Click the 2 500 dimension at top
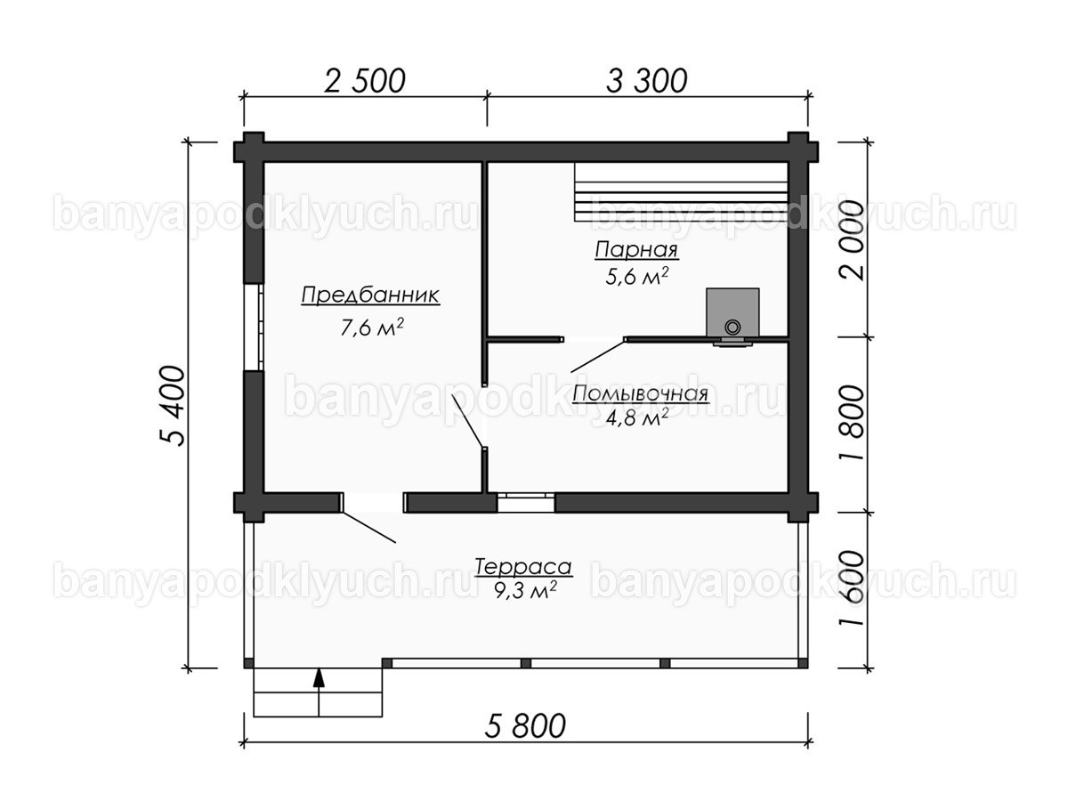pos(364,81)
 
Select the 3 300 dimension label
pos(647,81)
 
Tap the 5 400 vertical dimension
pos(173,406)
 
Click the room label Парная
pos(636,250)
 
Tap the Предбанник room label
pos(371,295)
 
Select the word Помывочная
pos(640,394)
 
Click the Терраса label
pos(523,567)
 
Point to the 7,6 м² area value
pos(372,328)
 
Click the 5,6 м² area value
pos(637,276)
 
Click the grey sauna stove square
pos(732,311)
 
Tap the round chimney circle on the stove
pos(732,327)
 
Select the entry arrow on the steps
pos(319,692)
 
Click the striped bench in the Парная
pos(681,191)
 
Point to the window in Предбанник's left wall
pos(254,327)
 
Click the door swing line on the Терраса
pos(368,527)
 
